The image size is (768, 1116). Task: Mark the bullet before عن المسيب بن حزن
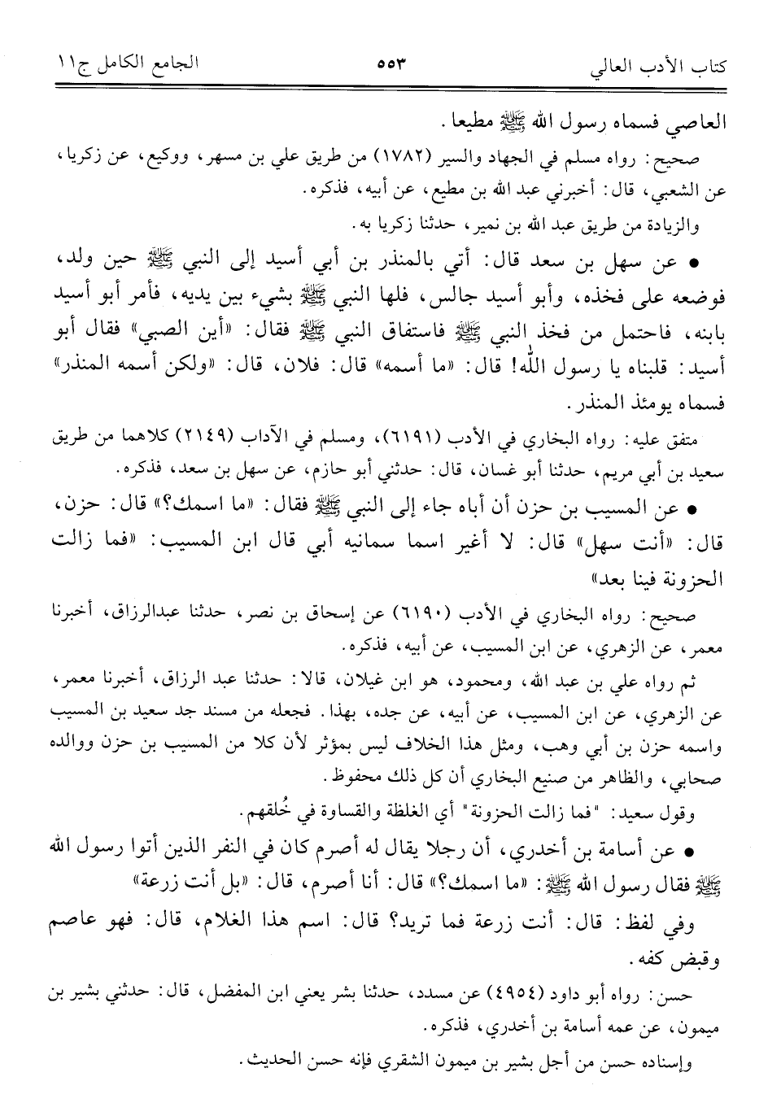[x=692, y=508]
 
